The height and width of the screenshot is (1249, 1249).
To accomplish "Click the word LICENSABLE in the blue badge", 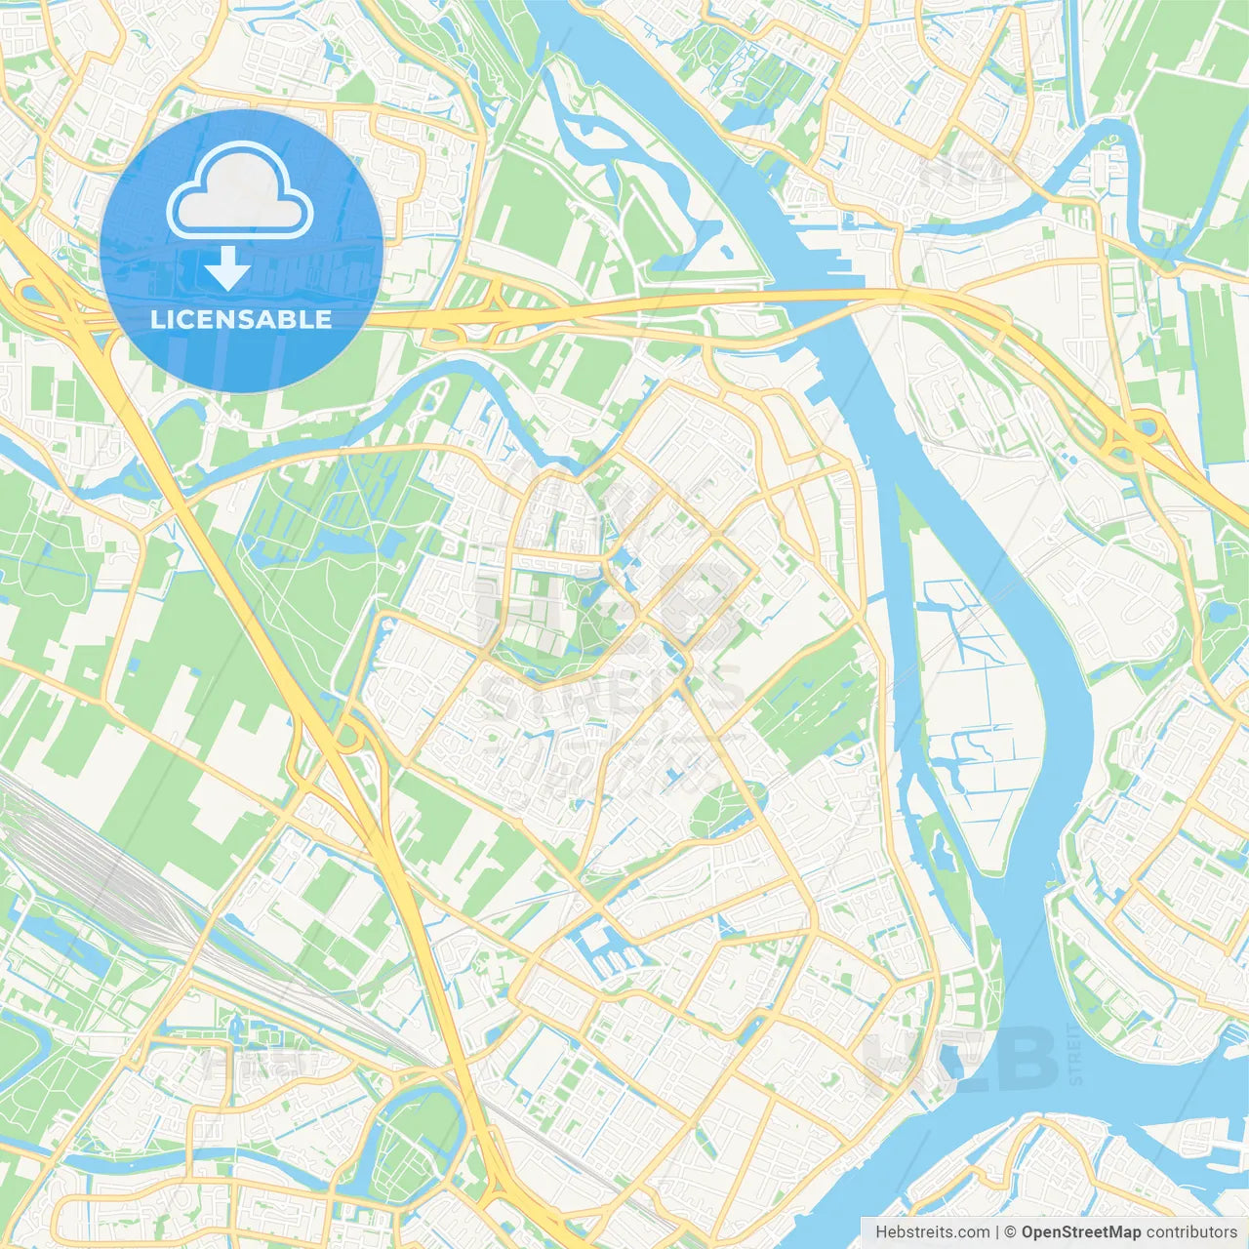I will tap(241, 319).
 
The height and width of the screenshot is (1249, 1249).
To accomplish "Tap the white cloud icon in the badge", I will tap(240, 191).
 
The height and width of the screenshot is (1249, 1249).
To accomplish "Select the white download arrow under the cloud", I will tap(227, 268).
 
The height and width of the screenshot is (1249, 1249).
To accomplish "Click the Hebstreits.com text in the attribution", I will tap(932, 1232).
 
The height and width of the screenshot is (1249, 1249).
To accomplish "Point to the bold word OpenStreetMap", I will tap(1081, 1232).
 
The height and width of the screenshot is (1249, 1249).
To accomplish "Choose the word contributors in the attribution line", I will tap(1191, 1232).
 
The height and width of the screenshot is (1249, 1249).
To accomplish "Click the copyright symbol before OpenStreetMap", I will tap(1010, 1232).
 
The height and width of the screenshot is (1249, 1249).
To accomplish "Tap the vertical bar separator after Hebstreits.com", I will tap(997, 1232).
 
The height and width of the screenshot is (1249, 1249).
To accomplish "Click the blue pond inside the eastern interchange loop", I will tap(1144, 426).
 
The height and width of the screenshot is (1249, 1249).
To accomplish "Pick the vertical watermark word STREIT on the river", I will tap(1075, 1054).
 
